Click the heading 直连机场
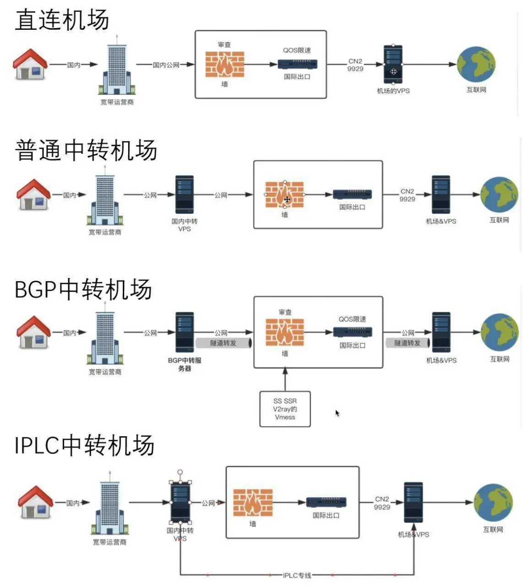click(62, 20)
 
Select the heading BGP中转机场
click(83, 289)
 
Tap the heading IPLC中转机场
click(84, 446)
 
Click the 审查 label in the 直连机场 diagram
click(224, 45)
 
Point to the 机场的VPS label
click(393, 91)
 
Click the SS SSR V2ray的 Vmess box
click(285, 409)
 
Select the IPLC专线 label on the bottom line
click(297, 575)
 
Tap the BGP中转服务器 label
click(185, 364)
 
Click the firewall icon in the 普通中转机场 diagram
click(284, 195)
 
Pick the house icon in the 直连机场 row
click(30, 64)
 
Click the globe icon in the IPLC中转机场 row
click(493, 503)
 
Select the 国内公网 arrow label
click(166, 65)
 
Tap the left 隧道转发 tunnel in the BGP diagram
click(224, 343)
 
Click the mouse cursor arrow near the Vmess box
click(337, 413)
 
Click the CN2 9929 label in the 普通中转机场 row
click(407, 195)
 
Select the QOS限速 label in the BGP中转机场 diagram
click(352, 319)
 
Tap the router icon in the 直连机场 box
click(298, 64)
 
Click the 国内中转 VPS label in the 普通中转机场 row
click(185, 225)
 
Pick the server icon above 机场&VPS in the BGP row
click(441, 332)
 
